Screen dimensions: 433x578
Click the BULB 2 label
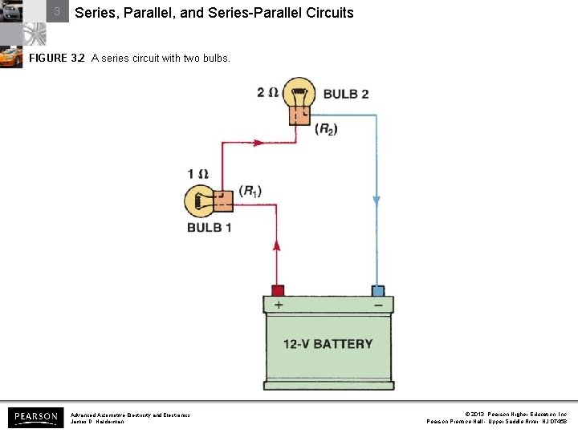coord(346,94)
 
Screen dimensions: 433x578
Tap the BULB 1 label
coord(210,228)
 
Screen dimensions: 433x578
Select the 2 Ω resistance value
coord(267,93)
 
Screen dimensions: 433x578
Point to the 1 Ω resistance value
coord(197,174)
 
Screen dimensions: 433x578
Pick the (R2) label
coord(326,128)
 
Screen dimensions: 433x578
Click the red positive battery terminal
coord(277,289)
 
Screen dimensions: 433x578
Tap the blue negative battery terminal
coord(377,289)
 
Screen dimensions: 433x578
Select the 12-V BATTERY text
coord(328,344)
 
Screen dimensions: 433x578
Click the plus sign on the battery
coord(279,305)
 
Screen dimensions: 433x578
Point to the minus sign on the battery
coord(377,305)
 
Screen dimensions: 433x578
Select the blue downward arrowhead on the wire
coord(376,200)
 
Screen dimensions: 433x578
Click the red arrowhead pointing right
coord(257,143)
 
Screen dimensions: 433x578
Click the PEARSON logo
coord(35,417)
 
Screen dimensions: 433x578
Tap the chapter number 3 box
coord(57,12)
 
